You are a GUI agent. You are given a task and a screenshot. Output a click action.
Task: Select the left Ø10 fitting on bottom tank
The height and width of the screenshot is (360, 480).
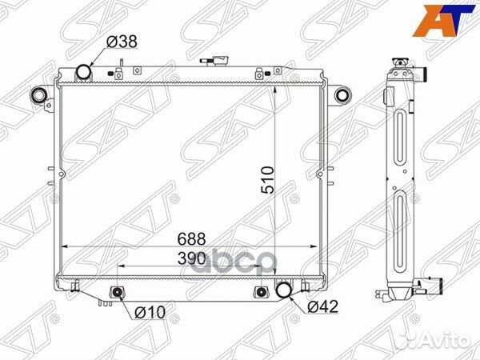click(x=118, y=293)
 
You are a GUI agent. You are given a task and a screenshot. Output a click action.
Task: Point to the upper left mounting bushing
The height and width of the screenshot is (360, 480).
click(x=37, y=96)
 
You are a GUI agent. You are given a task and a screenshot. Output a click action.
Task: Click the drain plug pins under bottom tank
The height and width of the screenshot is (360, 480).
click(x=99, y=302)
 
